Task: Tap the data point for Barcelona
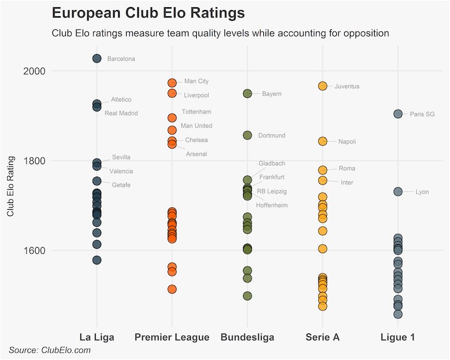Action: click(x=97, y=58)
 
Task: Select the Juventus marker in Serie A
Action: click(x=322, y=86)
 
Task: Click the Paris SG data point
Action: click(x=398, y=114)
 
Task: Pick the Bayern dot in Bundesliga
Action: click(x=247, y=93)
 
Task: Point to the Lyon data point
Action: click(x=398, y=192)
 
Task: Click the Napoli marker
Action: click(x=322, y=141)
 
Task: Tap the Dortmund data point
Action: click(x=247, y=135)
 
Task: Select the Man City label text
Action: click(x=196, y=82)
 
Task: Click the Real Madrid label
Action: click(x=121, y=113)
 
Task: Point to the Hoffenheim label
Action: click(x=272, y=205)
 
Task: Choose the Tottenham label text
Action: click(x=196, y=112)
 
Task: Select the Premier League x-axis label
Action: click(x=172, y=337)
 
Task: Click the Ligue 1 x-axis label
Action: click(x=398, y=337)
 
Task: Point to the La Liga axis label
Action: click(x=97, y=337)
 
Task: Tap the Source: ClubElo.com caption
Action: click(x=49, y=350)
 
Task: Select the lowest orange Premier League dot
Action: click(x=172, y=289)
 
